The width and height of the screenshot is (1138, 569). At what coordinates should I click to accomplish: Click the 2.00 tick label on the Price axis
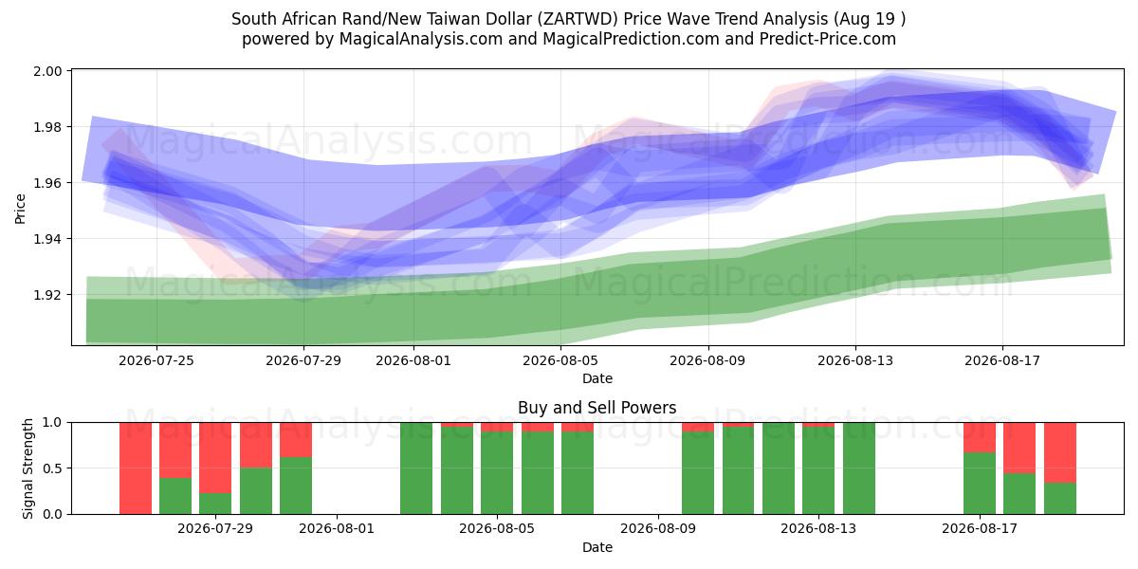pyautogui.click(x=47, y=71)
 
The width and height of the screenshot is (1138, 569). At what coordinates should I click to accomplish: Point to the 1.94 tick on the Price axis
pyautogui.click(x=47, y=239)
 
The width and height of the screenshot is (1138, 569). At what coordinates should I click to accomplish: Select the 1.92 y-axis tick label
pyautogui.click(x=47, y=295)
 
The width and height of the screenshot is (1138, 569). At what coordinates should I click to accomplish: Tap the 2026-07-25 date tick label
pyautogui.click(x=156, y=360)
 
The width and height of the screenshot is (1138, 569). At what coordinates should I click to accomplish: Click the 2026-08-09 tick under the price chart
pyautogui.click(x=707, y=360)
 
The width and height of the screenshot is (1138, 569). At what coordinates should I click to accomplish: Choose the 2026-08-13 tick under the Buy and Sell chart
pyautogui.click(x=818, y=529)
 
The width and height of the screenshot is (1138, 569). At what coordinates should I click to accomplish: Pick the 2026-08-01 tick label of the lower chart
pyautogui.click(x=337, y=529)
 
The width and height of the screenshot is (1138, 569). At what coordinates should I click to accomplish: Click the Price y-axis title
pyautogui.click(x=20, y=209)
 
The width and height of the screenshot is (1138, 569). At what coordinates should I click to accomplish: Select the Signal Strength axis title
pyautogui.click(x=28, y=468)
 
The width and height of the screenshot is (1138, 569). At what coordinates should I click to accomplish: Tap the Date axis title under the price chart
pyautogui.click(x=597, y=378)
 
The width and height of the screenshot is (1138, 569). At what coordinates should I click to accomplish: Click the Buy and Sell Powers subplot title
pyautogui.click(x=597, y=408)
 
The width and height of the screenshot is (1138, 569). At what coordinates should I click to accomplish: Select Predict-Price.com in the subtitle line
pyautogui.click(x=828, y=39)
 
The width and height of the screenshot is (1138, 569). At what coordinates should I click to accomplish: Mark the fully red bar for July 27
pyautogui.click(x=136, y=468)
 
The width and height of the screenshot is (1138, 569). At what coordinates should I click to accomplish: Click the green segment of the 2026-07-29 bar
pyautogui.click(x=215, y=504)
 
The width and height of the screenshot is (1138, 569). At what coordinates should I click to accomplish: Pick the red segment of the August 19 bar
pyautogui.click(x=1060, y=452)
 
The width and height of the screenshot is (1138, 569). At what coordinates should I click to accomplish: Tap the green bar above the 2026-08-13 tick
pyautogui.click(x=818, y=470)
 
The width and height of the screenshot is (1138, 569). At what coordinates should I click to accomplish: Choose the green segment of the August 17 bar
pyautogui.click(x=980, y=483)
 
